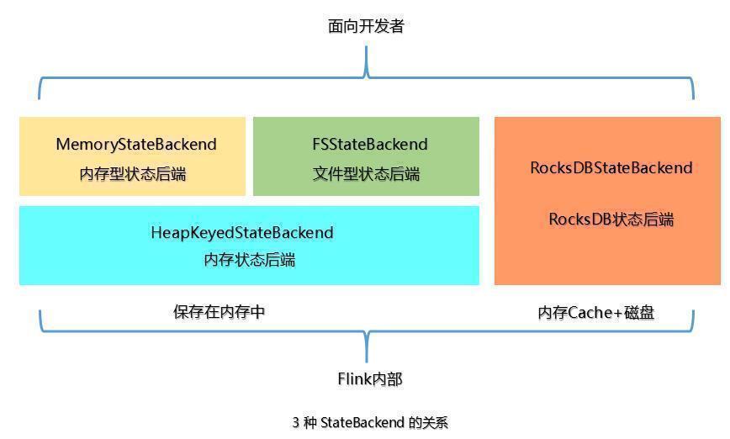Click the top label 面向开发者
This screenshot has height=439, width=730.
(x=366, y=26)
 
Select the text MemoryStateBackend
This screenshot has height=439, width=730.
(x=136, y=145)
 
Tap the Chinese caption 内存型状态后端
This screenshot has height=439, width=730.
(x=133, y=174)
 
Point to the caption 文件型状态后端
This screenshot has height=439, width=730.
(x=366, y=174)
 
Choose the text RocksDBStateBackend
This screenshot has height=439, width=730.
(x=611, y=167)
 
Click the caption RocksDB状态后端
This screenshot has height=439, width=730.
(x=611, y=219)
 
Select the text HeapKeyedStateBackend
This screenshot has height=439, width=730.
(x=242, y=232)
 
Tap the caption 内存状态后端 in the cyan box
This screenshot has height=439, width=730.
(x=250, y=260)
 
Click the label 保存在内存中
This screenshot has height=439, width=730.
(x=220, y=312)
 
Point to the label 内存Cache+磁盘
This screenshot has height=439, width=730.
(x=596, y=313)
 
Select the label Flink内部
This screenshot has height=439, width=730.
(x=370, y=379)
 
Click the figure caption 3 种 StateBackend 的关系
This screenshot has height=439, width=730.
(x=370, y=422)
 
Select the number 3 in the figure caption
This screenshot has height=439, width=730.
(x=296, y=422)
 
